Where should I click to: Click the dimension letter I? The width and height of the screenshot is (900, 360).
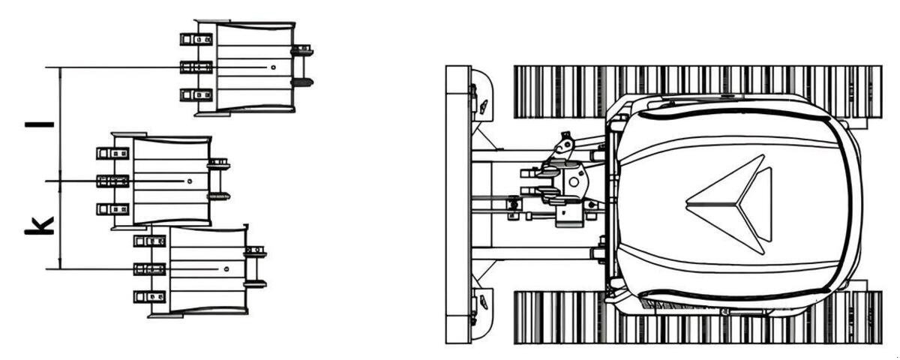39,124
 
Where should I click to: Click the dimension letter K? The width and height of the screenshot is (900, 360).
39,226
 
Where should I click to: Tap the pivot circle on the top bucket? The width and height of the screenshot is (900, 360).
273,67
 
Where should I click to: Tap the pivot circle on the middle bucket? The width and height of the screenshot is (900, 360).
190,181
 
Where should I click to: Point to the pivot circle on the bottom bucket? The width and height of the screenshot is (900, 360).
226,268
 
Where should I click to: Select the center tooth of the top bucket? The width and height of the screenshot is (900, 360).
196,67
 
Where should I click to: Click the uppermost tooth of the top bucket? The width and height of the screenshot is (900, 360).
196,39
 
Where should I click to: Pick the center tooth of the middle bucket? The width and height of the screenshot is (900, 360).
113,181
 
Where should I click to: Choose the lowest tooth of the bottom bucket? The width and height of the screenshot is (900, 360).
149,297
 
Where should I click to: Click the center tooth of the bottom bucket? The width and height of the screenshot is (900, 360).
149,268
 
